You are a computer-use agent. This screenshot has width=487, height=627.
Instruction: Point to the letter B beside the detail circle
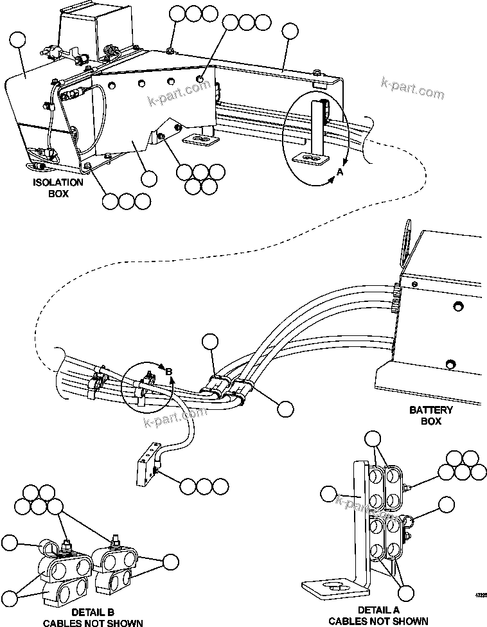click(x=169, y=372)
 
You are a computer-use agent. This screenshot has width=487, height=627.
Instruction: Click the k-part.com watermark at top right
click(x=411, y=87)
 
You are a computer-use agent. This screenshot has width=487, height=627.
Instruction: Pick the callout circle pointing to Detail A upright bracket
click(x=329, y=495)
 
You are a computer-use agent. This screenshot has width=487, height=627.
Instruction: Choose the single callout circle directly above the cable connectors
click(x=209, y=342)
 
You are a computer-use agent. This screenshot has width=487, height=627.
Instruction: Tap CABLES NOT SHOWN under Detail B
click(x=93, y=622)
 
